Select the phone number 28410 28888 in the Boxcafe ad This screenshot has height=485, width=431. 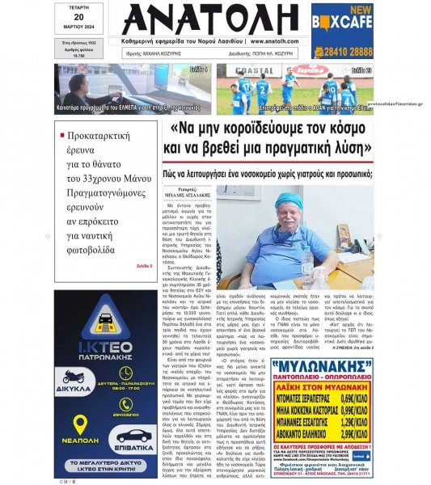point(342,51)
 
